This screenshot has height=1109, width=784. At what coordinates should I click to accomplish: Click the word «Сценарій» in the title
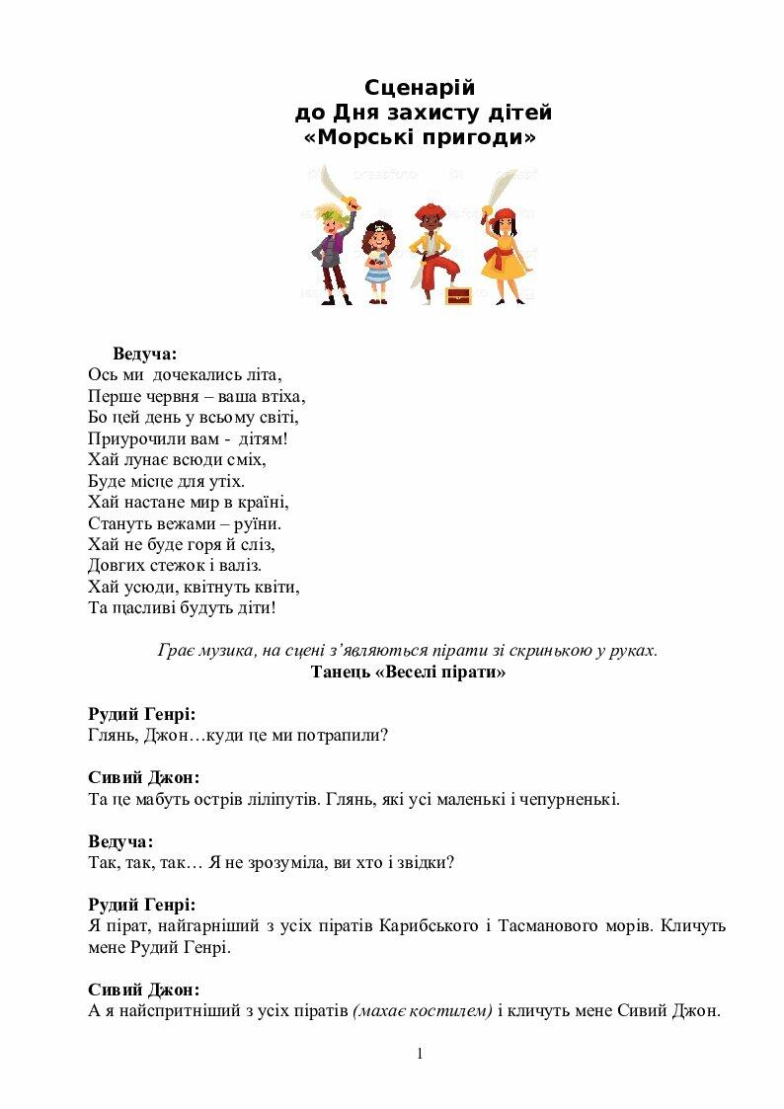pos(420,88)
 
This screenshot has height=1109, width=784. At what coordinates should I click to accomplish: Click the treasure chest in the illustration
pos(458,294)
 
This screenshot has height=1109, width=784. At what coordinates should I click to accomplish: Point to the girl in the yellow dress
pos(505,254)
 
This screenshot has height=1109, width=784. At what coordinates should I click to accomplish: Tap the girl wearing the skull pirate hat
pos(378,260)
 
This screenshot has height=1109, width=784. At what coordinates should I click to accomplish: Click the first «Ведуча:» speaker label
pos(145,354)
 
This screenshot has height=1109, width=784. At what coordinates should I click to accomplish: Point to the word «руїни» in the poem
pos(259,523)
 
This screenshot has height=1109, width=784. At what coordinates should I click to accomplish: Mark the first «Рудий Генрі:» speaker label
pos(141,713)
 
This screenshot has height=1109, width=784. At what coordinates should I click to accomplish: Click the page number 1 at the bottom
pos(420,1054)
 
